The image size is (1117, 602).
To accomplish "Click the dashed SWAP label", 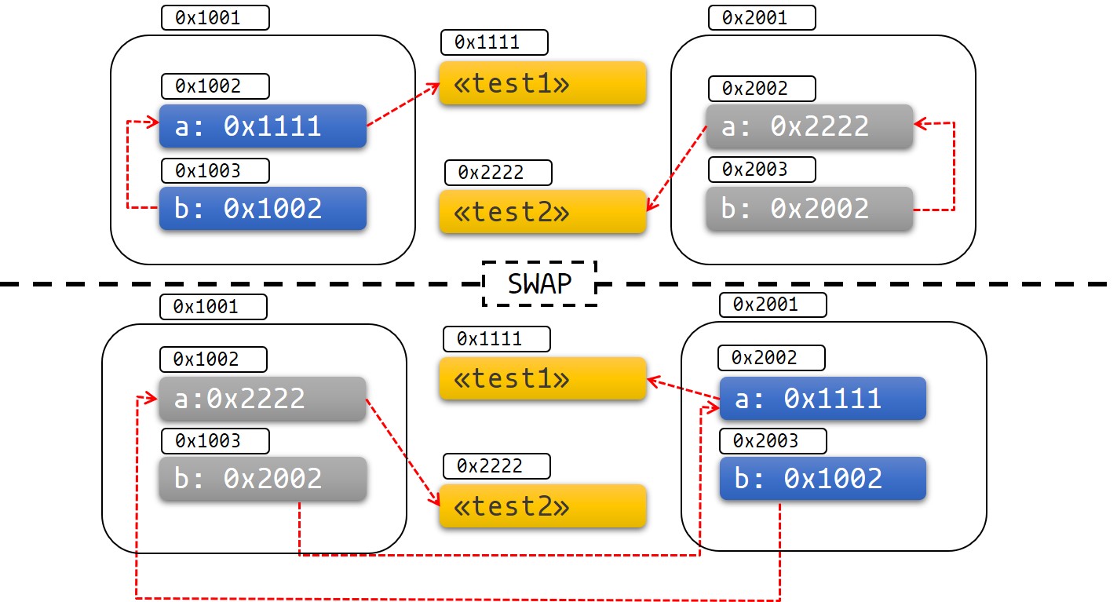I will (x=539, y=283).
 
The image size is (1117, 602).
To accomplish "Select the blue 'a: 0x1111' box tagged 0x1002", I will (x=263, y=126).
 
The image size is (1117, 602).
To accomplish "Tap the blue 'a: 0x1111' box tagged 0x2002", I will (x=823, y=399).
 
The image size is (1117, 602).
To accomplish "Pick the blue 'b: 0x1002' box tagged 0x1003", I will (x=263, y=208).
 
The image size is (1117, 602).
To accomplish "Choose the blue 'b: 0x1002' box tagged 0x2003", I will (x=823, y=479).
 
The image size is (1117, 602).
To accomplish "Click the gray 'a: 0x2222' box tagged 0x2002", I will (x=809, y=126).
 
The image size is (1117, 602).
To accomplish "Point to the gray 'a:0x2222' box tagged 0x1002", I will (x=263, y=399).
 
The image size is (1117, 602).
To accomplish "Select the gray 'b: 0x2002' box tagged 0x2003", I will (x=809, y=209).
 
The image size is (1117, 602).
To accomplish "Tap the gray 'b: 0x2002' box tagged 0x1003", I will (x=263, y=479).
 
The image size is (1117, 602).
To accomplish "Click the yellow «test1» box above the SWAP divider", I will (x=542, y=83).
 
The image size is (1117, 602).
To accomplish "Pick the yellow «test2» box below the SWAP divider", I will (x=542, y=506).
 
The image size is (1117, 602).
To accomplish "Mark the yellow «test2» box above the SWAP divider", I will (x=542, y=212).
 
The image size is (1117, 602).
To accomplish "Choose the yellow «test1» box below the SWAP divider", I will (x=542, y=378).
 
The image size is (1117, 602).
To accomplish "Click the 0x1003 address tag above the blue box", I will (x=215, y=170).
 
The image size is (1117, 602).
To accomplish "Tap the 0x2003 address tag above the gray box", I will (x=761, y=169).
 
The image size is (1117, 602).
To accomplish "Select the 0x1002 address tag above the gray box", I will (x=213, y=359).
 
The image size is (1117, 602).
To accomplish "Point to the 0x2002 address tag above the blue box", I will (x=772, y=358).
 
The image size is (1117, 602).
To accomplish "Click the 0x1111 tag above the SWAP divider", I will (x=495, y=42).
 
